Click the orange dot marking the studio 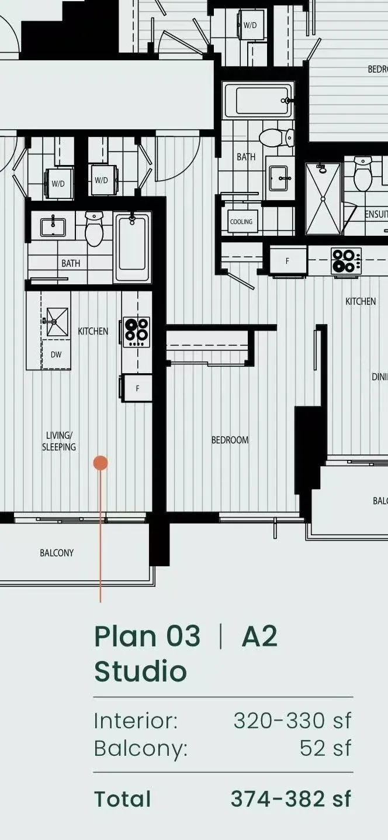[x=101, y=463]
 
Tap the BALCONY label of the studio [x=57, y=553]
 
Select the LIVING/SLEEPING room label [x=59, y=441]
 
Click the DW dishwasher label [x=56, y=354]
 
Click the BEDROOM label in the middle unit [x=230, y=440]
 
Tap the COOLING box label [x=241, y=222]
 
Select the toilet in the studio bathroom [x=94, y=229]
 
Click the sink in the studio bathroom [x=53, y=225]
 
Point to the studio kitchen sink [x=57, y=321]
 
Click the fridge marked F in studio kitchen [x=137, y=388]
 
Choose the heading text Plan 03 [x=147, y=636]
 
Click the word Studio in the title [x=140, y=672]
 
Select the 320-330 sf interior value [x=293, y=721]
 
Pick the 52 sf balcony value [x=325, y=748]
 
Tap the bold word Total [x=123, y=799]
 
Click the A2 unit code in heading [x=259, y=636]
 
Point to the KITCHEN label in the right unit [x=361, y=301]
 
